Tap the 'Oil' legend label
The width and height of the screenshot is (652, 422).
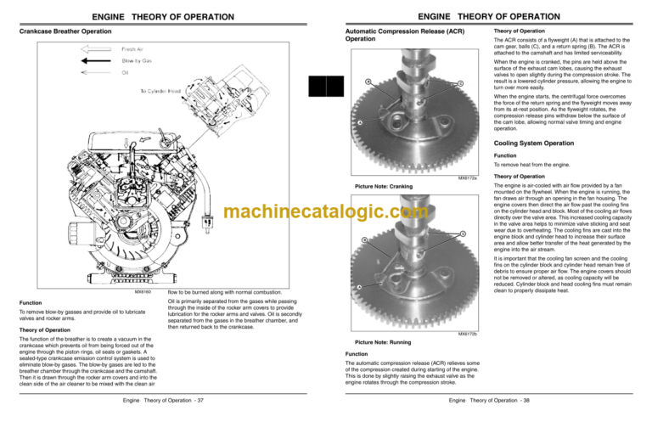coord(126,72)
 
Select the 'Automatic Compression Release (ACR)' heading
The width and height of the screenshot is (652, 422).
coord(386,32)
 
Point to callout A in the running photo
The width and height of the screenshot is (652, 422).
coord(359,287)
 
